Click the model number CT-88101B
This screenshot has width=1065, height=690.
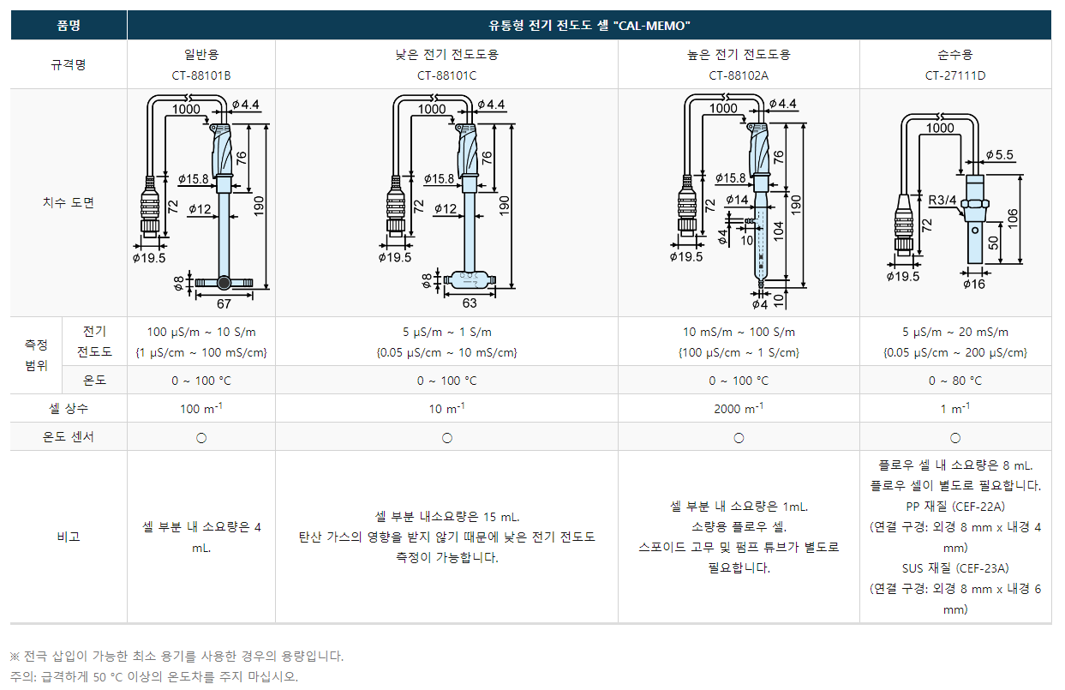201,75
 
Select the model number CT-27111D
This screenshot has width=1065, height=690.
955,75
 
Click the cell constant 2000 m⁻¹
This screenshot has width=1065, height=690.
739,409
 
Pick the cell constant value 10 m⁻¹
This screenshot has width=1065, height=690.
446,409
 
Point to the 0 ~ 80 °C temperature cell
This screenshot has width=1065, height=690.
955,381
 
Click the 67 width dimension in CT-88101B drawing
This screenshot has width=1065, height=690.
224,303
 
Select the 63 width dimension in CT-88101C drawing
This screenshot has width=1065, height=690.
470,303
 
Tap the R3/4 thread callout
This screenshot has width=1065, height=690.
942,201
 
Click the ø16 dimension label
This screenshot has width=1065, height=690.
973,284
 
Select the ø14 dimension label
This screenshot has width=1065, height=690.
736,200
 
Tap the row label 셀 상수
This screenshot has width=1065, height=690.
69,409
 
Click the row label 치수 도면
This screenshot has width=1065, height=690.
69,203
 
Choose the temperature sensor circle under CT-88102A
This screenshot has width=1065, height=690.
739,437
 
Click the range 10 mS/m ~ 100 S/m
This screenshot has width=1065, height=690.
739,333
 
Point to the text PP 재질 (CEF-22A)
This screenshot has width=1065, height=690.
955,506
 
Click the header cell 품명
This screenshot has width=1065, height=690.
69,26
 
